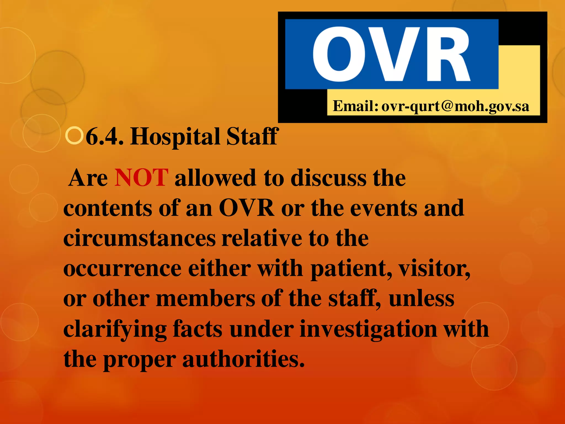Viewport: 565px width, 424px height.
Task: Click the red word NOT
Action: (x=141, y=178)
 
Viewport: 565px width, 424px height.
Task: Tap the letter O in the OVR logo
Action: (x=339, y=54)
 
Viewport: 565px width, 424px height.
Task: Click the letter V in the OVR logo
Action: (x=393, y=54)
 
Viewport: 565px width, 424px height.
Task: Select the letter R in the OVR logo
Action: (x=447, y=54)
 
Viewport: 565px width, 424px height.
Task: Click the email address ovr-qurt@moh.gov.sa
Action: (x=455, y=106)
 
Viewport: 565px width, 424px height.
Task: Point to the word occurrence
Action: (x=122, y=269)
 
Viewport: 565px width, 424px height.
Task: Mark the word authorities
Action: (x=243, y=359)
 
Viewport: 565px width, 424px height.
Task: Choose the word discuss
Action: (x=329, y=178)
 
